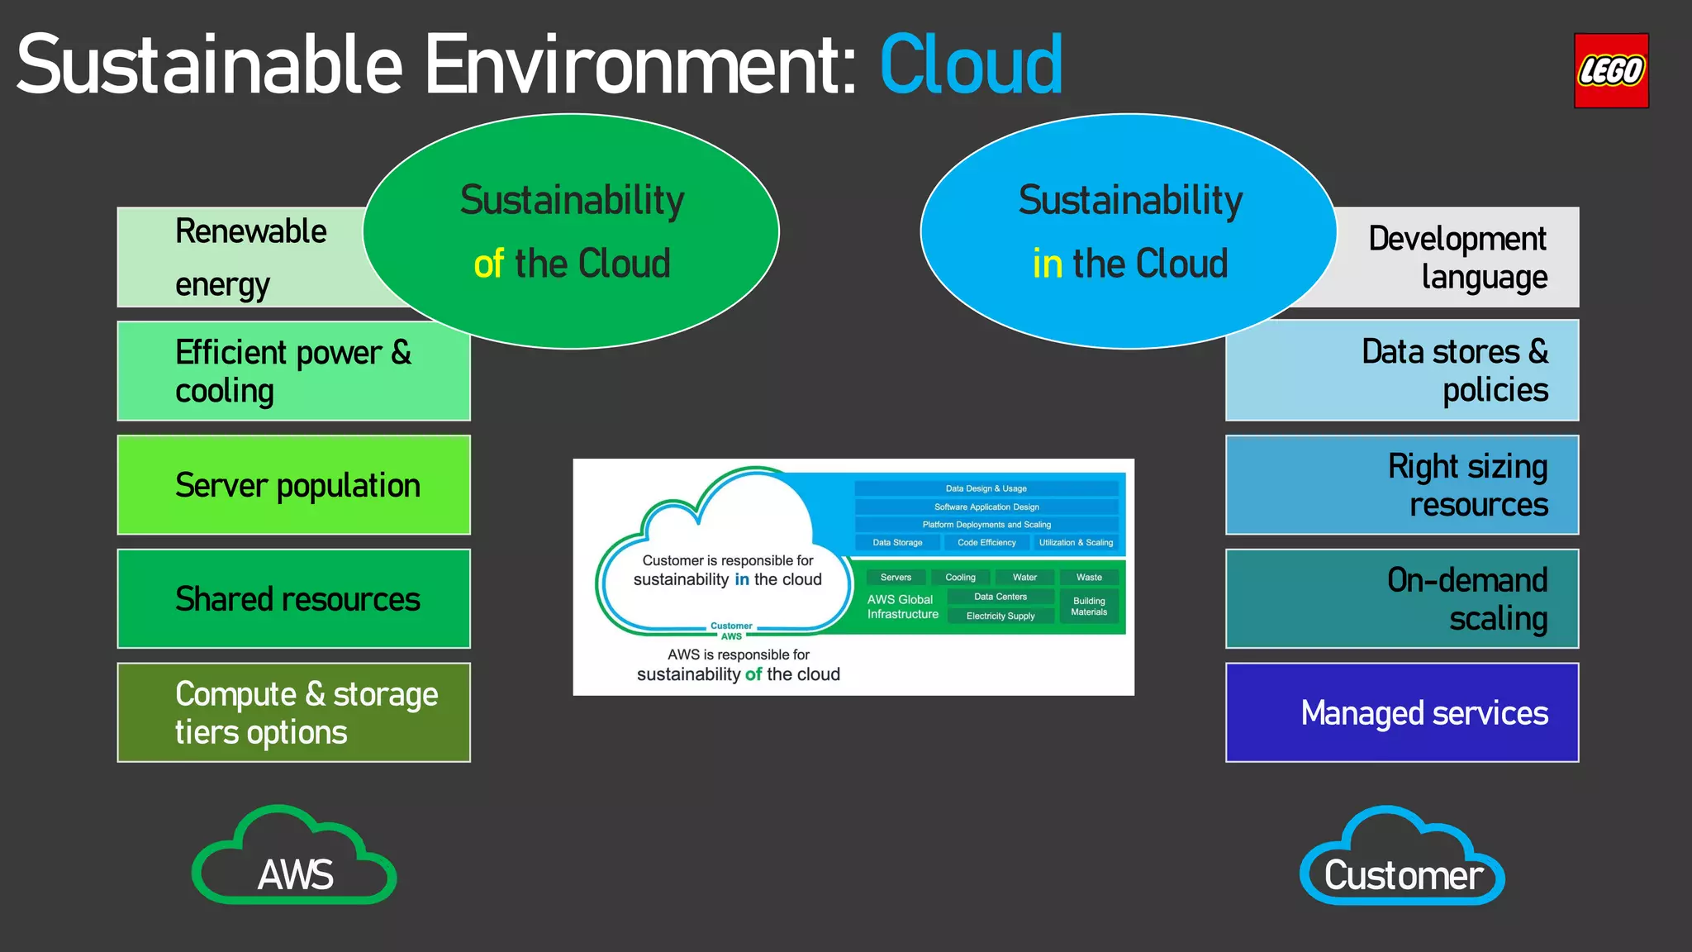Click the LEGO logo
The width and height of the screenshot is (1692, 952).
tap(1610, 71)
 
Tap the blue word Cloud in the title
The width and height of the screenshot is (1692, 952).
tap(971, 65)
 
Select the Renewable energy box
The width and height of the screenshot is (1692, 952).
tap(248, 257)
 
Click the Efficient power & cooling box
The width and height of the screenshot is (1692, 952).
tap(293, 371)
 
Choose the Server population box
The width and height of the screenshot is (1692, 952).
tap(293, 485)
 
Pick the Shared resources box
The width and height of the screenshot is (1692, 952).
tap(293, 598)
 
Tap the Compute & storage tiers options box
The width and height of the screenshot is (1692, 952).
tap(293, 712)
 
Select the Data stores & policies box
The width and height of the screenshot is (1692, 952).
tap(1402, 371)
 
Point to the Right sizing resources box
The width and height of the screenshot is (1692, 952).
tap(1402, 485)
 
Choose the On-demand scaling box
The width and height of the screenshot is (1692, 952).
tap(1402, 598)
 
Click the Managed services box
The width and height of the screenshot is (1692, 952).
tap(1402, 712)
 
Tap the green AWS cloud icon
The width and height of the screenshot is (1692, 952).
tap(295, 859)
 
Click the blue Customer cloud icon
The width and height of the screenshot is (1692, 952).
tap(1402, 859)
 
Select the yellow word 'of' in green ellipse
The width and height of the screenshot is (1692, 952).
tap(488, 264)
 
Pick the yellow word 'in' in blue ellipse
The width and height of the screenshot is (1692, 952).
tap(1047, 264)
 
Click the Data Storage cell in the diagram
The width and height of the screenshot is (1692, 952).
tap(897, 543)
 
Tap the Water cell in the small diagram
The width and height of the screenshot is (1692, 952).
tap(1024, 578)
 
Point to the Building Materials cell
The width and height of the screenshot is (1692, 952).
tap(1089, 607)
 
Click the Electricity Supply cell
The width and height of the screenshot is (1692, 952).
tap(1000, 616)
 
